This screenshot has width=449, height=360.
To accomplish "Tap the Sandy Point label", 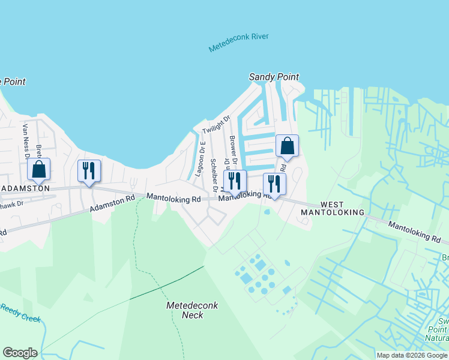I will point(274,77).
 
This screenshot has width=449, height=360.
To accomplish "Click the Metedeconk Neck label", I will point(192,310).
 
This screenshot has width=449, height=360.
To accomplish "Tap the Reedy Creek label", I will point(19,312).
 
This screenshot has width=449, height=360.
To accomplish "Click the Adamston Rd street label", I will point(112,203).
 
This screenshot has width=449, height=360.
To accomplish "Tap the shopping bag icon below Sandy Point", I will point(287,146).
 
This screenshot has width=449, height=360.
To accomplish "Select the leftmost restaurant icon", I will point(89,170).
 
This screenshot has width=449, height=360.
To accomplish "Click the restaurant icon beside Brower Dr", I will point(235,181).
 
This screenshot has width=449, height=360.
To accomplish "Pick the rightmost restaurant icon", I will point(274,184).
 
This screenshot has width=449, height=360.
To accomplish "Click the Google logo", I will point(20,353).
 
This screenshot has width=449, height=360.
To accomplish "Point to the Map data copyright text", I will point(412,355).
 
